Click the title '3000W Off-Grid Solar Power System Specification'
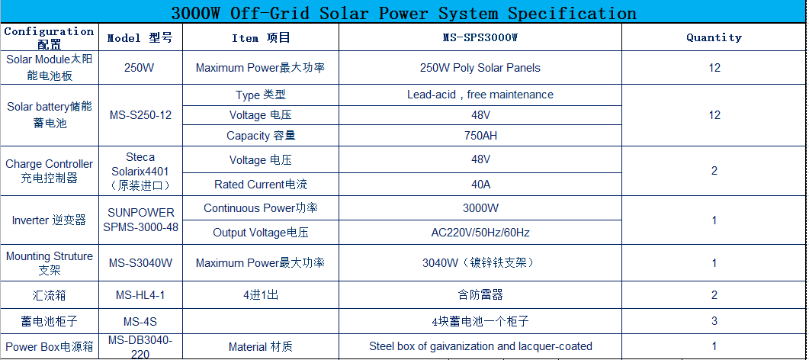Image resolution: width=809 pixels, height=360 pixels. click(x=403, y=13)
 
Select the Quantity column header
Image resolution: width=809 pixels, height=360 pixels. click(x=714, y=37)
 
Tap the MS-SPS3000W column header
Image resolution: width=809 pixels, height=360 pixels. click(x=480, y=37)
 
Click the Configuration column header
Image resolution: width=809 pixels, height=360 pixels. click(x=50, y=37)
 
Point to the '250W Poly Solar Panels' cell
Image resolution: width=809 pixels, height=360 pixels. click(x=480, y=68)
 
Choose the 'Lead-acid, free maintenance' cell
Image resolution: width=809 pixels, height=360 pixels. click(x=480, y=95)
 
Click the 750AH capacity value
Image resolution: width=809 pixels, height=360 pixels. click(x=480, y=137)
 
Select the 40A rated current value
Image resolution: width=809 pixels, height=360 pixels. click(x=480, y=184)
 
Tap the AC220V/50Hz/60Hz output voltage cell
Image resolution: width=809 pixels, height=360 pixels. click(x=480, y=233)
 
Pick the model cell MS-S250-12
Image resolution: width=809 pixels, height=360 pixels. click(x=140, y=115)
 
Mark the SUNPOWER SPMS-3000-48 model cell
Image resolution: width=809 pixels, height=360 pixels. click(x=140, y=220)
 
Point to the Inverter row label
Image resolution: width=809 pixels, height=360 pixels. click(x=49, y=220)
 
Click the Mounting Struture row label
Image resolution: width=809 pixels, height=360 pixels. click(x=50, y=263)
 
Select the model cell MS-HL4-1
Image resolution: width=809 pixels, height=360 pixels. click(x=140, y=295)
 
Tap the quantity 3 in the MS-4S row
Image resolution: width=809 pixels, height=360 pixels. click(x=714, y=321)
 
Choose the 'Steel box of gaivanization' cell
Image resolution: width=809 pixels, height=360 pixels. click(x=480, y=346)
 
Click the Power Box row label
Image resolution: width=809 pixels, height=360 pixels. click(x=50, y=346)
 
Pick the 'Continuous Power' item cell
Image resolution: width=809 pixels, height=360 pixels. click(x=261, y=208)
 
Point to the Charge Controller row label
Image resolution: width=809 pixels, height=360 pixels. click(x=50, y=172)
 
